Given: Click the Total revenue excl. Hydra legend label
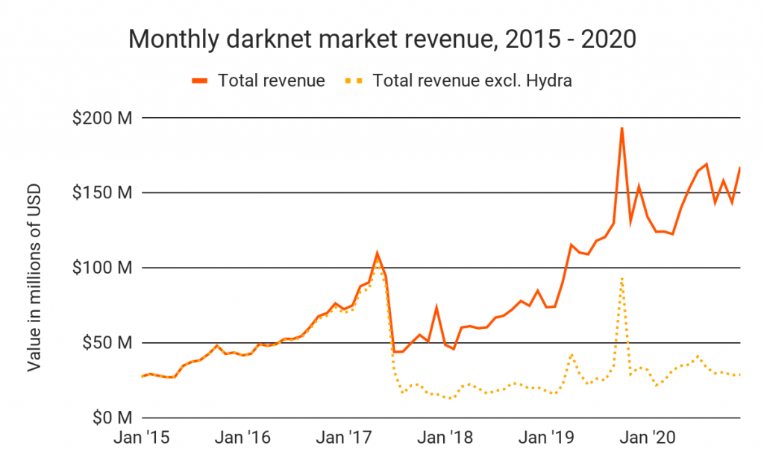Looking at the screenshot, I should [472, 81].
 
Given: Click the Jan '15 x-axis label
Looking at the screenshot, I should [141, 438].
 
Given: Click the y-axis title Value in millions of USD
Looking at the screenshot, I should [34, 277].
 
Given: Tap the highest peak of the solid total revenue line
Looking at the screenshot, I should [621, 128].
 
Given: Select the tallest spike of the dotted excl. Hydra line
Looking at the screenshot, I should [621, 278].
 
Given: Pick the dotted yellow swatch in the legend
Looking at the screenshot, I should [356, 81].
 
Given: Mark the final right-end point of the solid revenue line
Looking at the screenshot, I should [739, 168].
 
